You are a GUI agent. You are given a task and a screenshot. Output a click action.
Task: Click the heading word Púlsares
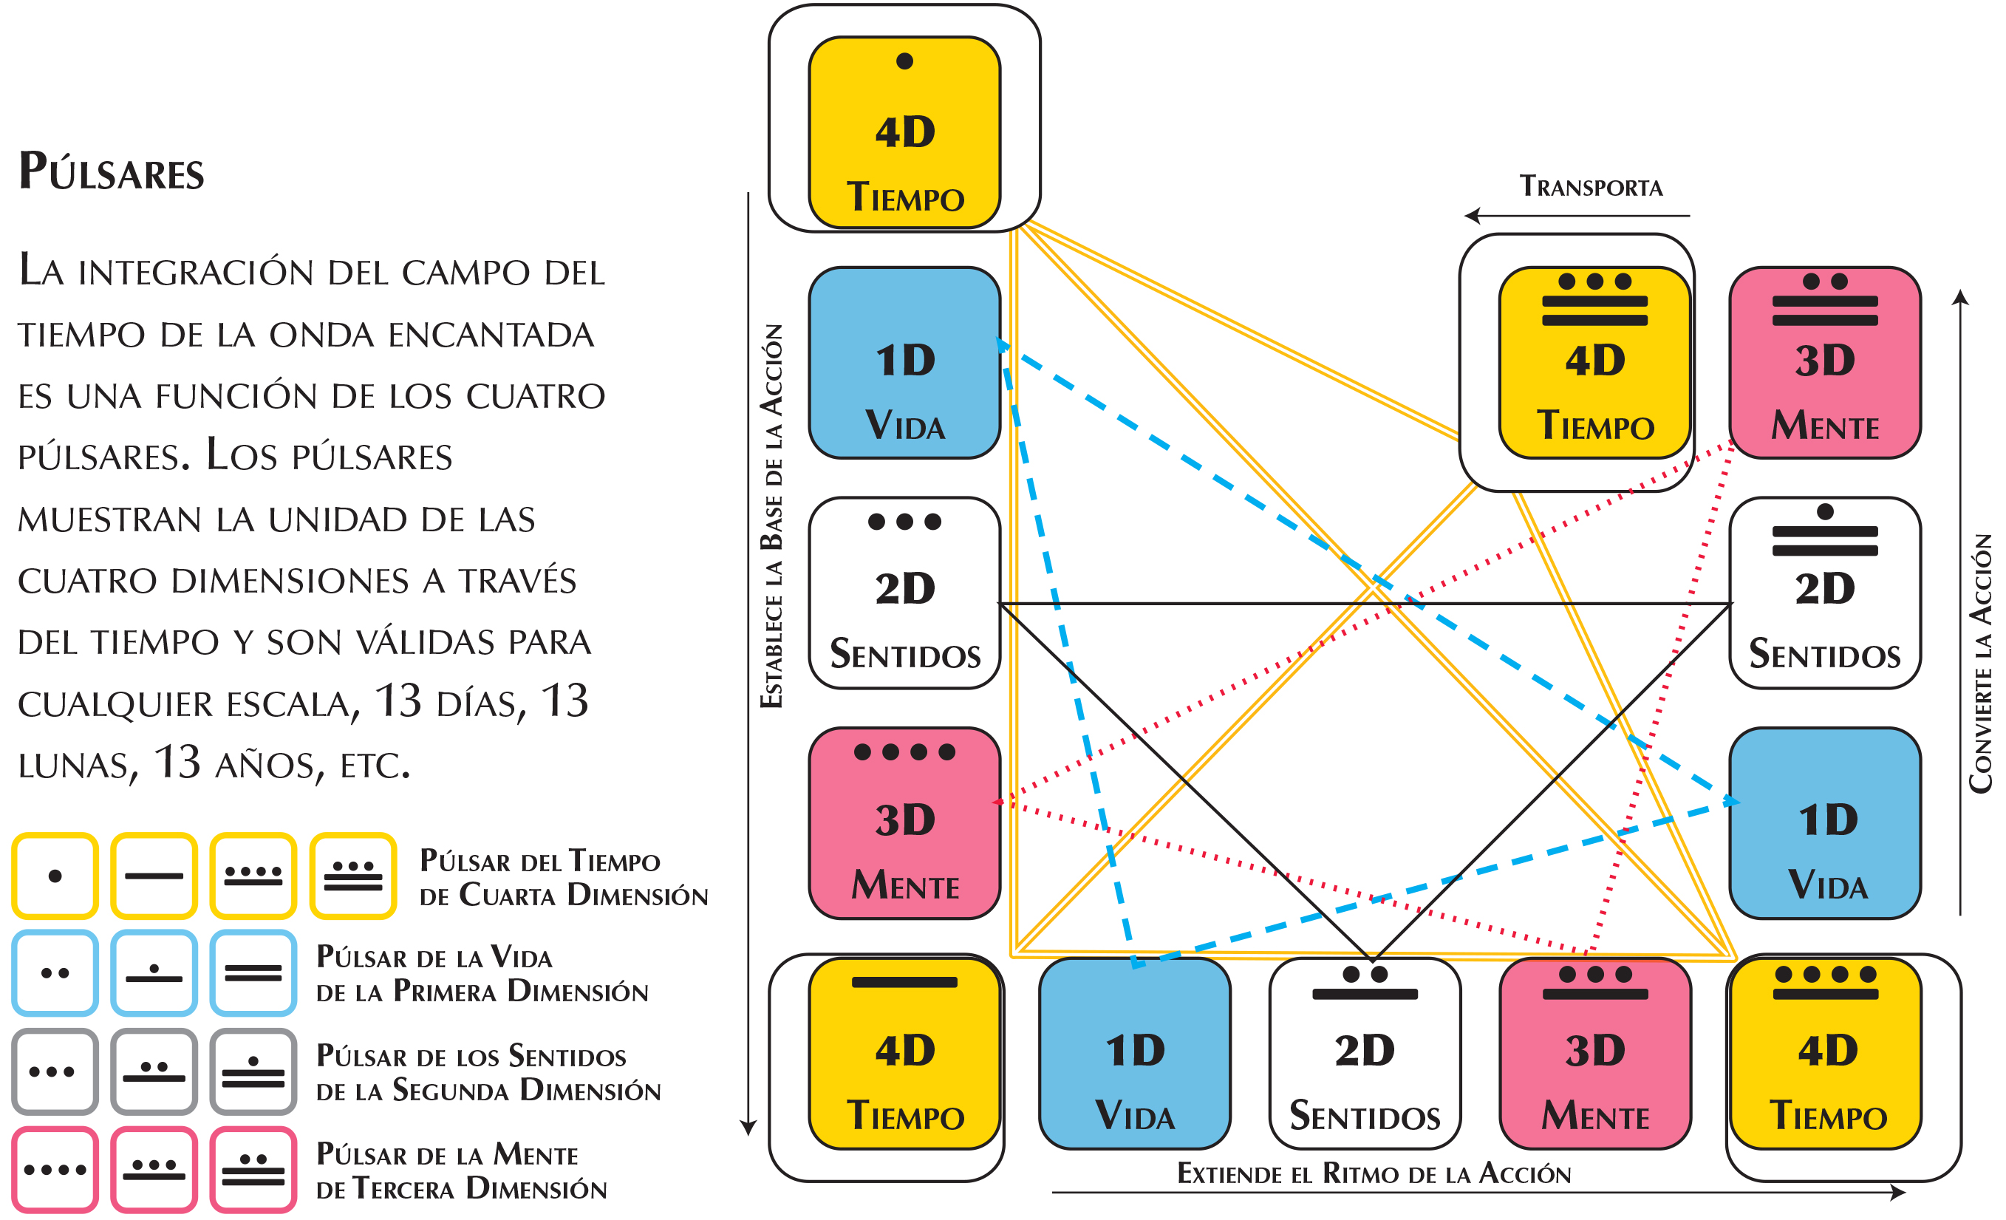point(112,172)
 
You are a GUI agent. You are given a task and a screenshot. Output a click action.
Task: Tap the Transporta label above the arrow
point(1590,186)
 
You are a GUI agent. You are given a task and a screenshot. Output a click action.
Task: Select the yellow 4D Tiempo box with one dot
point(904,132)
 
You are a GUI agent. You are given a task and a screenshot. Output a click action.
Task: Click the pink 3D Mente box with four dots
point(904,822)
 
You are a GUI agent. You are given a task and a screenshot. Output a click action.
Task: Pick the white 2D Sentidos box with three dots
point(904,593)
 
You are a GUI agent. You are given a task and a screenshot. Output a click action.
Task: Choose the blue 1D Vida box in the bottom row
point(1134,1053)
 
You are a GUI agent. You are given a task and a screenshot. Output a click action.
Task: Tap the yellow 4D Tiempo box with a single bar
point(904,1053)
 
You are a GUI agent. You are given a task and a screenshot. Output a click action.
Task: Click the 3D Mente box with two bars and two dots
point(1824,362)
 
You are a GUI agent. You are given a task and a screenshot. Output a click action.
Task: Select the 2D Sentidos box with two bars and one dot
point(1824,593)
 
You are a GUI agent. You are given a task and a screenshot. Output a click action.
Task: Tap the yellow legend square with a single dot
point(55,876)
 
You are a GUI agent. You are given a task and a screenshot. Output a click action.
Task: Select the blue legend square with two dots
point(55,972)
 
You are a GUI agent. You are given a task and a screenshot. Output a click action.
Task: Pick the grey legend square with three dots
point(55,1071)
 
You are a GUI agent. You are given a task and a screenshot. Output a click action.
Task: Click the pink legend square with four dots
point(55,1170)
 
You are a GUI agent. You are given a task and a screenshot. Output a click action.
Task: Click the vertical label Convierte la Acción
point(1980,664)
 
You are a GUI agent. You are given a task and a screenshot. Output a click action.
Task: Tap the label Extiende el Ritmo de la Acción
point(1374,1173)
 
